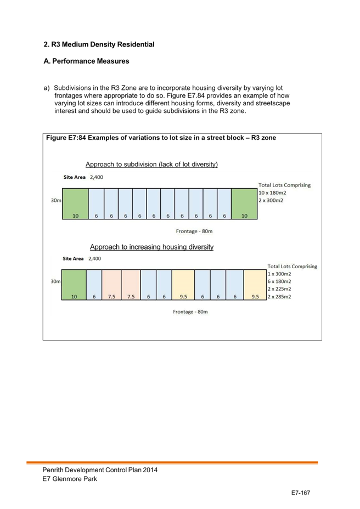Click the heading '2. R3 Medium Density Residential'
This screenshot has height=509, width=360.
[99, 44]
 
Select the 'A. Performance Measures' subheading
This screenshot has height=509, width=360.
[86, 61]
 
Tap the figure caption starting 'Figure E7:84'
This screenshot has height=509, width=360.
[161, 138]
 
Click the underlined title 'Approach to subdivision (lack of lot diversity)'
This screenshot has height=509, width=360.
[151, 164]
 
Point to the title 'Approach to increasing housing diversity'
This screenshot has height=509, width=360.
[151, 247]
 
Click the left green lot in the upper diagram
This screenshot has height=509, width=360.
[75, 204]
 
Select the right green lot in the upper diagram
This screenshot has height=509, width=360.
[244, 204]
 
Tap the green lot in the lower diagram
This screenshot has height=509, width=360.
[74, 285]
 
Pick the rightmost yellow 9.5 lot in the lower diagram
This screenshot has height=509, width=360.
[255, 285]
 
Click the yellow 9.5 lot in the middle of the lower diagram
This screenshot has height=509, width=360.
[183, 285]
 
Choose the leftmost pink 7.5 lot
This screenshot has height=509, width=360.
[111, 285]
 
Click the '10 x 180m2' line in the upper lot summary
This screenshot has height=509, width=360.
[272, 193]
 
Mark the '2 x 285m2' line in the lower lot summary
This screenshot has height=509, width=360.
[279, 297]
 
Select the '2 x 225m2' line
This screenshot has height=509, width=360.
[279, 289]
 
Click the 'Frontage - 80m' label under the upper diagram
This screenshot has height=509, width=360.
[194, 231]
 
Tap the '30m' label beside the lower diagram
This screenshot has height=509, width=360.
[55, 281]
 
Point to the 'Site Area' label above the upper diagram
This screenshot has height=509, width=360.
[75, 177]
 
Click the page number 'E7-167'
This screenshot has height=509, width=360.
[301, 493]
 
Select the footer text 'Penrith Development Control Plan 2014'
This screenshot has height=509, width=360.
[100, 470]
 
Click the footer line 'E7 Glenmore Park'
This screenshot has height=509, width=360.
[70, 479]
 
